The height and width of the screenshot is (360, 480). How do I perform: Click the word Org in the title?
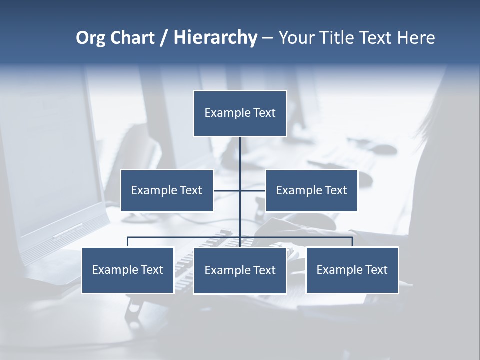click(90, 38)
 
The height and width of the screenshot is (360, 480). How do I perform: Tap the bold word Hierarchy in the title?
click(215, 38)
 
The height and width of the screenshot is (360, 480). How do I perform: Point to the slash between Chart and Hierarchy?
click(164, 38)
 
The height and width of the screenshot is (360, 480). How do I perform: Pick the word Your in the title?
click(296, 38)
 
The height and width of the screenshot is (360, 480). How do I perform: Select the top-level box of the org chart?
click(240, 113)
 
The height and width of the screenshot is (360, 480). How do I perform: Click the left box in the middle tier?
click(167, 190)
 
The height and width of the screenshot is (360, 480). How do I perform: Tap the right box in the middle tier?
click(311, 190)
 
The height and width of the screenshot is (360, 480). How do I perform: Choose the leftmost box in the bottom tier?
click(128, 270)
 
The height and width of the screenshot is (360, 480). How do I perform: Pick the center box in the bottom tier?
click(240, 270)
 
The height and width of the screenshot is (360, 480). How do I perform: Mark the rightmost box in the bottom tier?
click(352, 270)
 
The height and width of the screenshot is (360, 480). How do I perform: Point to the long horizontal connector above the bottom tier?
click(185, 237)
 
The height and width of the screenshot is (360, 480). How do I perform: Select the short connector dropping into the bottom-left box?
click(128, 242)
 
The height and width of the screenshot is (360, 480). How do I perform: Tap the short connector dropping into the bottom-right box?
click(352, 242)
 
